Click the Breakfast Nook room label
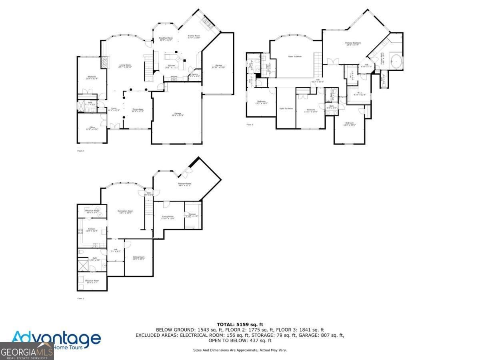coord(166,39)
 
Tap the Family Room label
coord(194,37)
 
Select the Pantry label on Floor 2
coord(194,75)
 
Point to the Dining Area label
coord(138,110)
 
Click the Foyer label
coord(114,109)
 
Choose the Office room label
coord(92,128)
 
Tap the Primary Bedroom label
coord(353,44)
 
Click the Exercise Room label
coord(184,184)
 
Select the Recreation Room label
coord(125,212)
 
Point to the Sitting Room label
coord(138,258)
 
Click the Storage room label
coord(192,215)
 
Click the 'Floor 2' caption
coord(80,150)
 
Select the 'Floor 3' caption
coord(250,124)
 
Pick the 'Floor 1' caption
coord(80,298)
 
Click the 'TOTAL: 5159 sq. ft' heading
coord(240,324)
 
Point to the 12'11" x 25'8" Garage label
coord(218,66)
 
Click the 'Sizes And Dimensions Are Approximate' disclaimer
coord(240,350)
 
